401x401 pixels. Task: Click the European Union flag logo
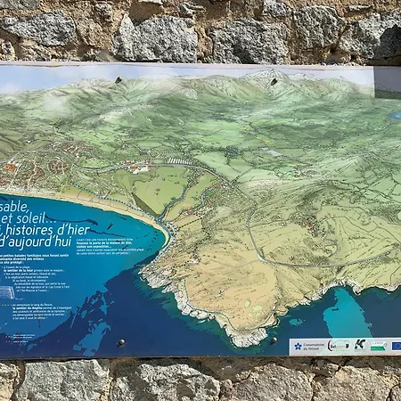(x=396, y=346)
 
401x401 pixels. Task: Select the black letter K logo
(x=359, y=345)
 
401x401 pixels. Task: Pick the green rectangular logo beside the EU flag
(x=379, y=346)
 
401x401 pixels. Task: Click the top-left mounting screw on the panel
(x=118, y=79)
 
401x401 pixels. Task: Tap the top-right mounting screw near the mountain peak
(x=274, y=81)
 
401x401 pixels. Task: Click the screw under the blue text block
(x=120, y=343)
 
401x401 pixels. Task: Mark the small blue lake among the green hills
(x=394, y=115)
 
